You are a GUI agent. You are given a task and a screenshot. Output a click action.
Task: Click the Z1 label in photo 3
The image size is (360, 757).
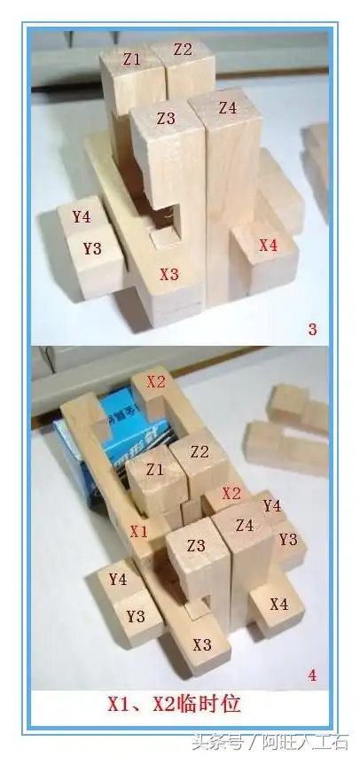tap(132, 59)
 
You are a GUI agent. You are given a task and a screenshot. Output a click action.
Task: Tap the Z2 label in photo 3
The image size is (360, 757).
tap(183, 50)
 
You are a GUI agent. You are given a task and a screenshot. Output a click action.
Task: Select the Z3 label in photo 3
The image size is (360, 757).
tap(166, 118)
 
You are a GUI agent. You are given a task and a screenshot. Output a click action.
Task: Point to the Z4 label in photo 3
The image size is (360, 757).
tap(228, 108)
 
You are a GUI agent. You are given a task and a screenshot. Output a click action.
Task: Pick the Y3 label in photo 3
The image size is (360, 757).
tap(93, 248)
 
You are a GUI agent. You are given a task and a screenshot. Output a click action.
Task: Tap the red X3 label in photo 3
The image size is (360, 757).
tap(169, 275)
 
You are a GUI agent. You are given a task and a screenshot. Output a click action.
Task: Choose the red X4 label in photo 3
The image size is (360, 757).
tap(268, 245)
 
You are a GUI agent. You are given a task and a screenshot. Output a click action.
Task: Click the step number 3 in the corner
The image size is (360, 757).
tap(312, 331)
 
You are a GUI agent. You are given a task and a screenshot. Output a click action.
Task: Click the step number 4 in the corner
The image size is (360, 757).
tap(312, 675)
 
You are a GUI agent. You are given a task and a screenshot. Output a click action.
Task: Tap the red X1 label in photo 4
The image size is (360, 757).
tap(138, 531)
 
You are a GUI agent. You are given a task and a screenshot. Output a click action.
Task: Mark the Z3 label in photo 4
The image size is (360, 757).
tap(196, 545)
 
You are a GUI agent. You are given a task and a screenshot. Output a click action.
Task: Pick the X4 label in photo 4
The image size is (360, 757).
tap(278, 604)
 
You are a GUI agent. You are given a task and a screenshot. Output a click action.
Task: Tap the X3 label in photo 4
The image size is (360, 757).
tap(202, 644)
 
